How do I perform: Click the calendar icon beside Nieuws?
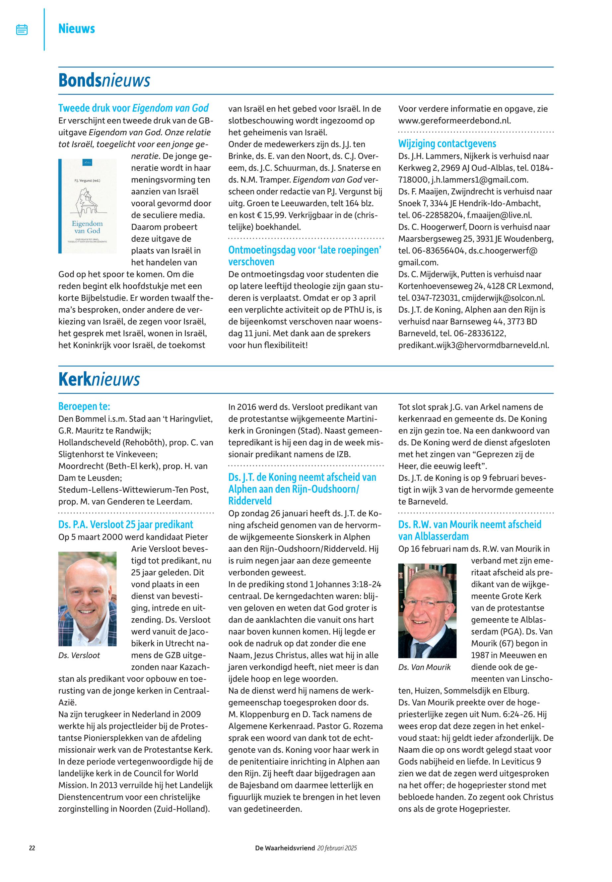click(22, 30)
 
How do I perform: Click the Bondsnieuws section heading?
click(104, 81)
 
